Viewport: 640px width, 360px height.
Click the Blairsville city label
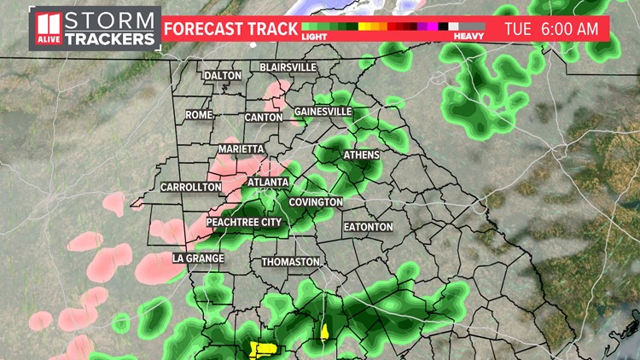click(x=288, y=67)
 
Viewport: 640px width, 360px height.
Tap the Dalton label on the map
click(x=223, y=76)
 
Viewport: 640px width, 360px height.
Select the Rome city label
click(x=199, y=114)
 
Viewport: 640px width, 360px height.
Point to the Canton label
click(x=263, y=117)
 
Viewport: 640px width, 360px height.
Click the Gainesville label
click(x=323, y=112)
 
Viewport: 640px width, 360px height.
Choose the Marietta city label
click(x=241, y=148)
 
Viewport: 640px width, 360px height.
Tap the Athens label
click(x=361, y=155)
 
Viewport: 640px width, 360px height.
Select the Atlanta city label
click(x=268, y=183)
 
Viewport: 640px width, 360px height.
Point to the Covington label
click(x=316, y=202)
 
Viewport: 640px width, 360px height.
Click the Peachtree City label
click(x=244, y=222)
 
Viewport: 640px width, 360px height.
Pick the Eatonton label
click(x=368, y=228)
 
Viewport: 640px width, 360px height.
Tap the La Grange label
click(x=198, y=258)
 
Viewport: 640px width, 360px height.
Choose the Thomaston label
click(x=291, y=262)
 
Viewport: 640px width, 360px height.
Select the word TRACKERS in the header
click(x=111, y=39)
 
